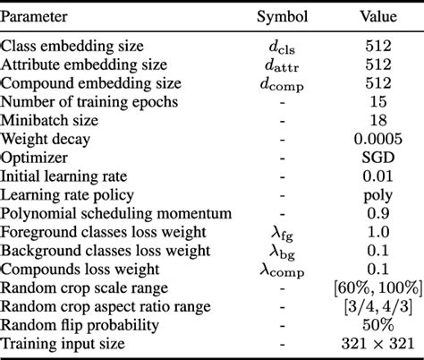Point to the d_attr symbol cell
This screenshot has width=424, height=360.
tap(282, 64)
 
